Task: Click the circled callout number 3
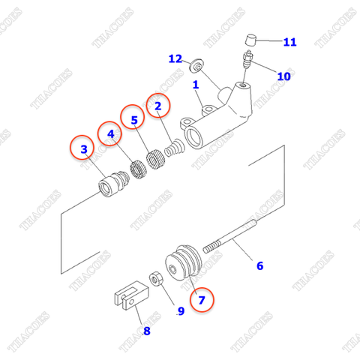(x=84, y=149)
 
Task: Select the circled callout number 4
(x=110, y=135)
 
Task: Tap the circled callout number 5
(x=134, y=120)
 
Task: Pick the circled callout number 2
(x=158, y=106)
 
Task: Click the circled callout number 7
(x=200, y=300)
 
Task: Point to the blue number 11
(x=289, y=42)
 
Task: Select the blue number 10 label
(x=284, y=76)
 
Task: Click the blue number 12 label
(x=175, y=58)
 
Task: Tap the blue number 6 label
(x=260, y=265)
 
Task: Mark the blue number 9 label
(x=180, y=311)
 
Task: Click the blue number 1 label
(x=196, y=85)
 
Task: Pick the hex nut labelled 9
(x=159, y=280)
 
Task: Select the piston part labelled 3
(x=114, y=184)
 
